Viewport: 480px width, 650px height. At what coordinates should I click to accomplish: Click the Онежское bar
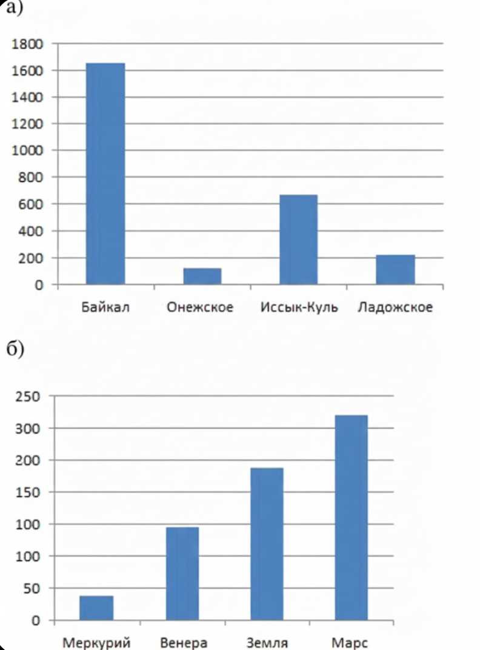[202, 276]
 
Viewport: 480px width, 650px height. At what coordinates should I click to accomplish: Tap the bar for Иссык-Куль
[298, 240]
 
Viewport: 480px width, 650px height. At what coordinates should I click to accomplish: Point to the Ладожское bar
[395, 269]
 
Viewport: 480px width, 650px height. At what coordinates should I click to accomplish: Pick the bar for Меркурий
[96, 608]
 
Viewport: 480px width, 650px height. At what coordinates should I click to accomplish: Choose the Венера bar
[182, 574]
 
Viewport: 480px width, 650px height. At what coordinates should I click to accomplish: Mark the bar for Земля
[267, 544]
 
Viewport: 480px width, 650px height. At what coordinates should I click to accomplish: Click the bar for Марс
[350, 517]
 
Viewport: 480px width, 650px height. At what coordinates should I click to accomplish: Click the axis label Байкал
[105, 307]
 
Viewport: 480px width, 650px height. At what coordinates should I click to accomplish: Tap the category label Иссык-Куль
[299, 307]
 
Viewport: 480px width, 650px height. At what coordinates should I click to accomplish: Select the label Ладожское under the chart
[395, 307]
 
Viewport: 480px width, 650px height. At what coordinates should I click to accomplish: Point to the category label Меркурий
[96, 642]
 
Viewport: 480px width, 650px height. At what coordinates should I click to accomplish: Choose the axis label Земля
[267, 642]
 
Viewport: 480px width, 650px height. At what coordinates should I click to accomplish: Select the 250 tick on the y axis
[29, 397]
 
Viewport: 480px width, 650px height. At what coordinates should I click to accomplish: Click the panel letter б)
[13, 350]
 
